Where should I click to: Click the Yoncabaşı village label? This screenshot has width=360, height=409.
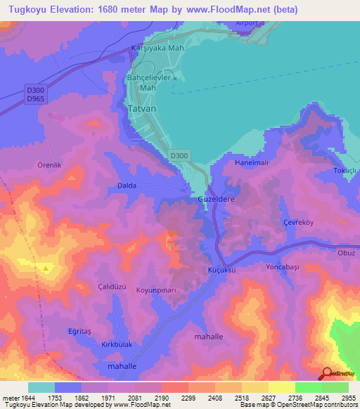(x=283, y=267)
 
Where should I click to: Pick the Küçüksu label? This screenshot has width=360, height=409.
(x=220, y=270)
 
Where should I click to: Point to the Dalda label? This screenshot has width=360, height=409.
(x=127, y=186)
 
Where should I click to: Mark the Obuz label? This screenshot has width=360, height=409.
(x=347, y=253)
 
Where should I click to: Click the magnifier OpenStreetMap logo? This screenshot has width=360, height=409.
(x=328, y=375)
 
